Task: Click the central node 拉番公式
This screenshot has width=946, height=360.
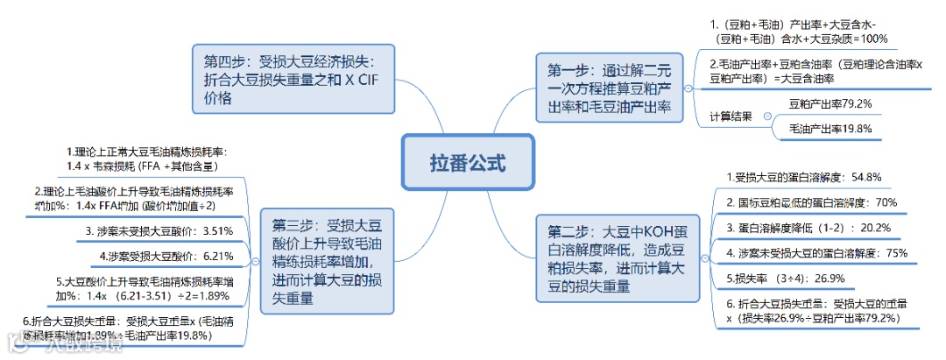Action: point(467,163)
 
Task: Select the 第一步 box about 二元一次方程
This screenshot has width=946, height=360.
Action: point(607,88)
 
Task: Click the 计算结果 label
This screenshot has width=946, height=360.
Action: point(730,116)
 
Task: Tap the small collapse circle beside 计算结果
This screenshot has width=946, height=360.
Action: point(767,116)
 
